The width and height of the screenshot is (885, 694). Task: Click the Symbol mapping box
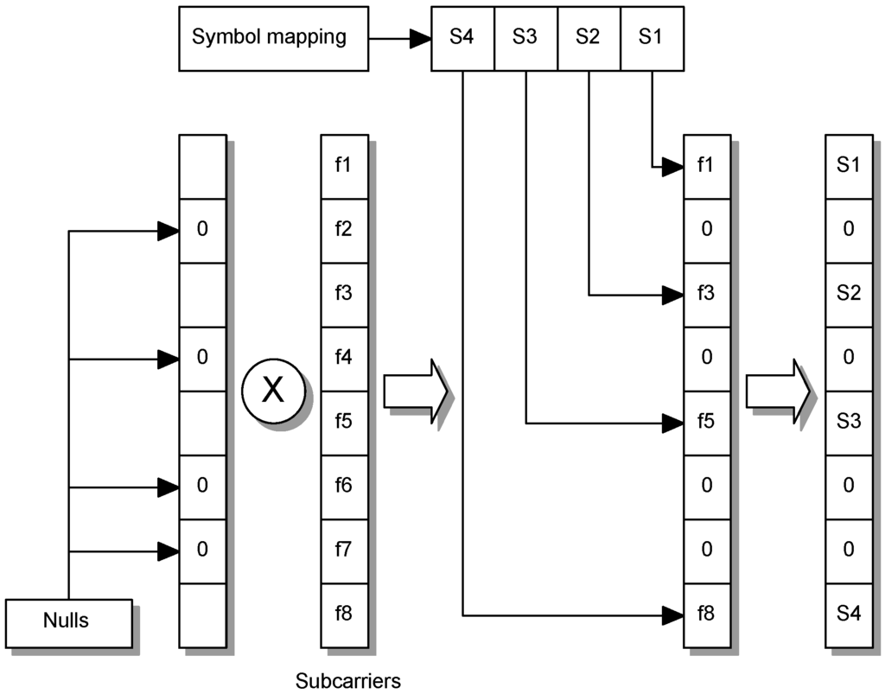pos(269,38)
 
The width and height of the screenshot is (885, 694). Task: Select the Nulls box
pos(68,621)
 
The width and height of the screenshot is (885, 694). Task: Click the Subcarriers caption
pos(348,680)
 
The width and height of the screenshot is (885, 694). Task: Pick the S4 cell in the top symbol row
pos(463,38)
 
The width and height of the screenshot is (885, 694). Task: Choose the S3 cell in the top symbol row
pos(525,38)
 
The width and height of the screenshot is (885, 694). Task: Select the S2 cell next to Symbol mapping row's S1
pos(589,38)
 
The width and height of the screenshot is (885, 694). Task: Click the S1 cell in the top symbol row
pos(652,38)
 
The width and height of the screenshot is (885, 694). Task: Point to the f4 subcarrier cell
pos(343,358)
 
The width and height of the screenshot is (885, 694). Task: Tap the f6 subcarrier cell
pos(343,486)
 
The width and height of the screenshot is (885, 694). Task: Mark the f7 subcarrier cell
pos(343,550)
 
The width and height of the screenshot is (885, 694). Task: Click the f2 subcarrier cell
pos(343,230)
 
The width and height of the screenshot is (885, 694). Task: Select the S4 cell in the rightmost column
pos(849,614)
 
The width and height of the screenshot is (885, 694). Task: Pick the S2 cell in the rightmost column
pos(849,294)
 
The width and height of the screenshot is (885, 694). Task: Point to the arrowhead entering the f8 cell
pos(673,615)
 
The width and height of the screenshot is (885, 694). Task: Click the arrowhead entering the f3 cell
pos(673,295)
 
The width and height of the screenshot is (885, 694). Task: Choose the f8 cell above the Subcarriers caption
pos(343,614)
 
